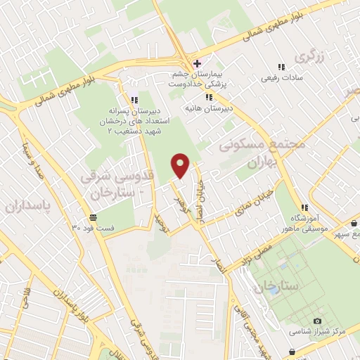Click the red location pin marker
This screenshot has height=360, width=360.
point(181,165)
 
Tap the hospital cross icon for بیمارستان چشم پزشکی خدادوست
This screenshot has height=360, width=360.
point(198,63)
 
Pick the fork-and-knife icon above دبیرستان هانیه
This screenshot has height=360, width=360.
point(208,98)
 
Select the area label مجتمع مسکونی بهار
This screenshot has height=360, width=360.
point(253,154)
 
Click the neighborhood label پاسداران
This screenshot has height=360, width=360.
point(24,205)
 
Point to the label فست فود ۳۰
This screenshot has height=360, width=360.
point(92,228)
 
